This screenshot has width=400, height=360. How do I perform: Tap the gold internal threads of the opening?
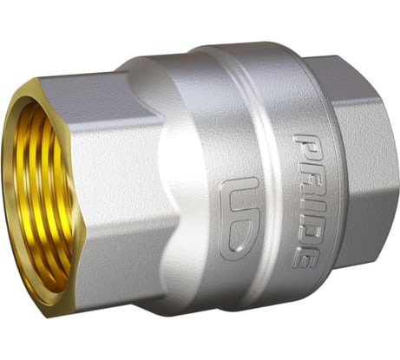coord(43,200)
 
